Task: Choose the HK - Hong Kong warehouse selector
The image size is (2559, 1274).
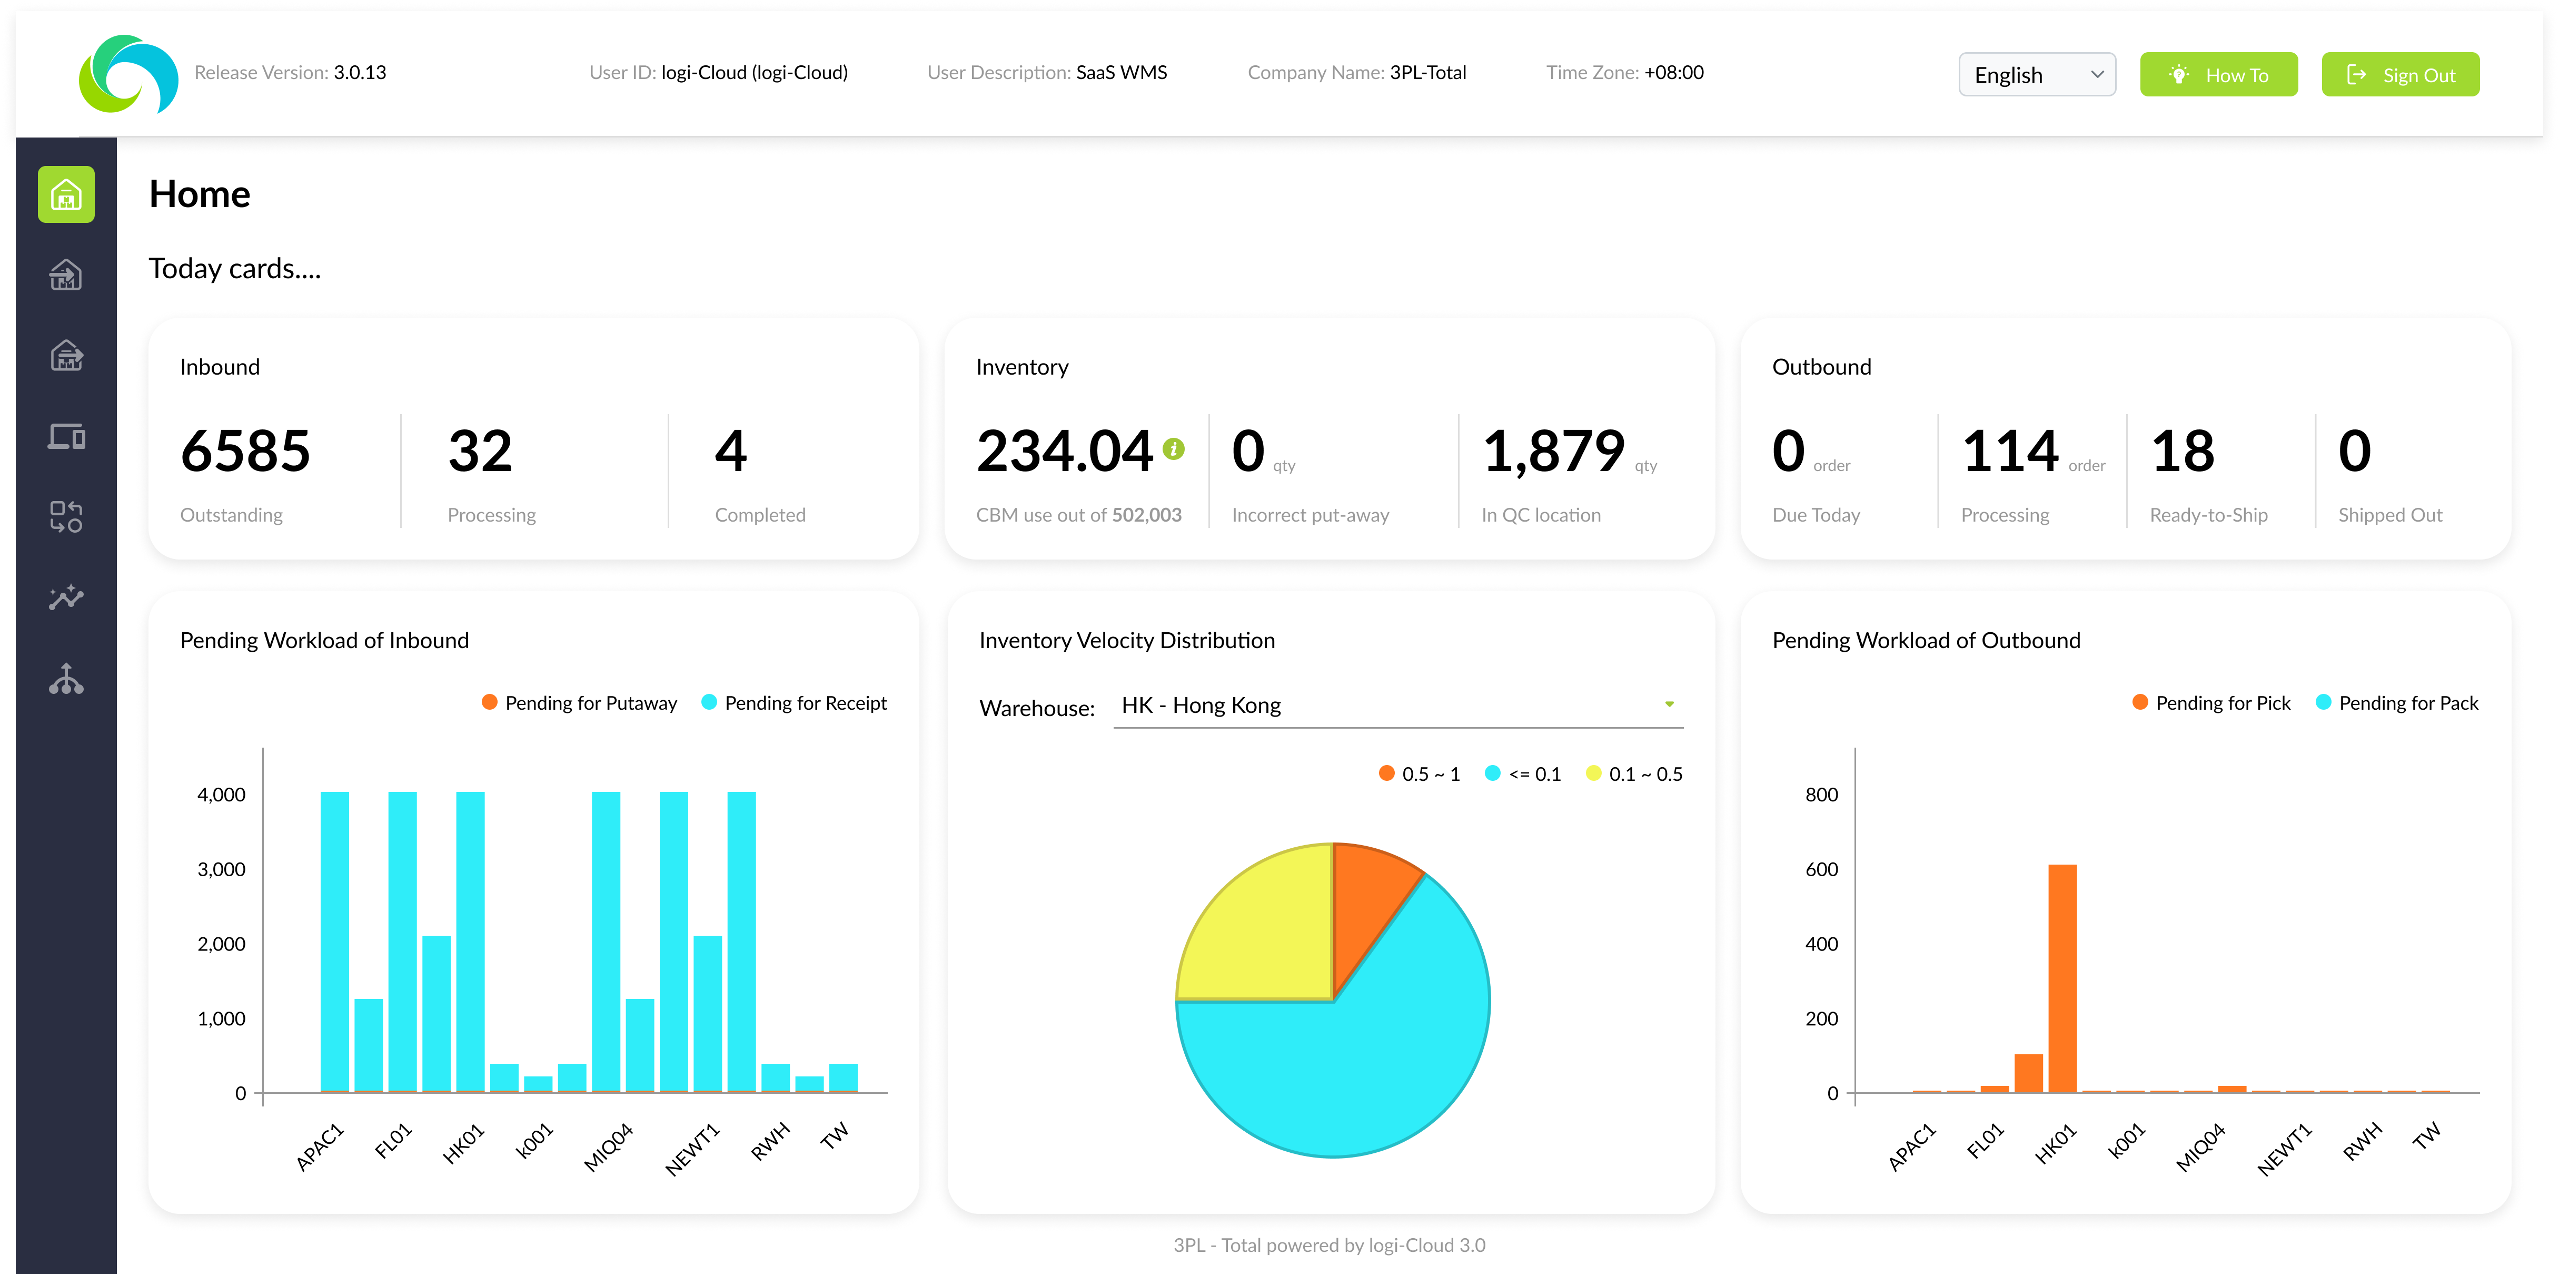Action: click(1397, 705)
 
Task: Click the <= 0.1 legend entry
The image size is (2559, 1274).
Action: click(1523, 774)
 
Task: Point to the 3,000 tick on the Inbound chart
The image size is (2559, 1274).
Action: click(222, 869)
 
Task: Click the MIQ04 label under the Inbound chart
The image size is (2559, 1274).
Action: click(608, 1147)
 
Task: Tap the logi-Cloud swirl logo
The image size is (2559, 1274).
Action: click(128, 74)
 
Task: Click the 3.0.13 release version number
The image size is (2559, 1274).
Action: click(360, 73)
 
